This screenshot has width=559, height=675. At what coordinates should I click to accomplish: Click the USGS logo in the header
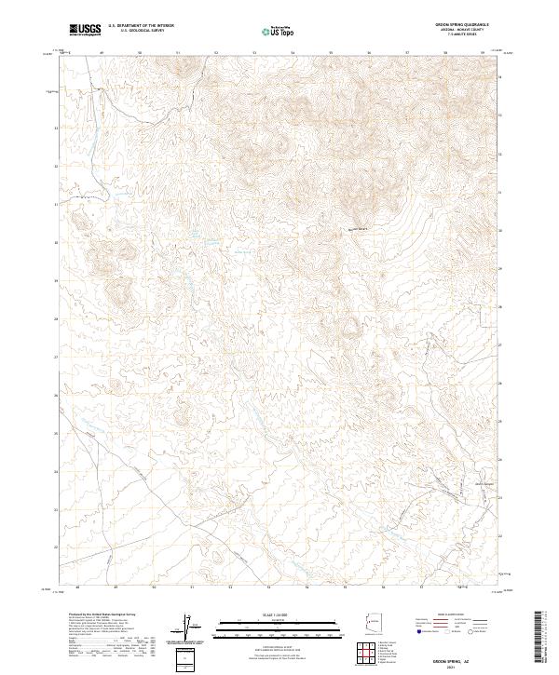click(x=86, y=30)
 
